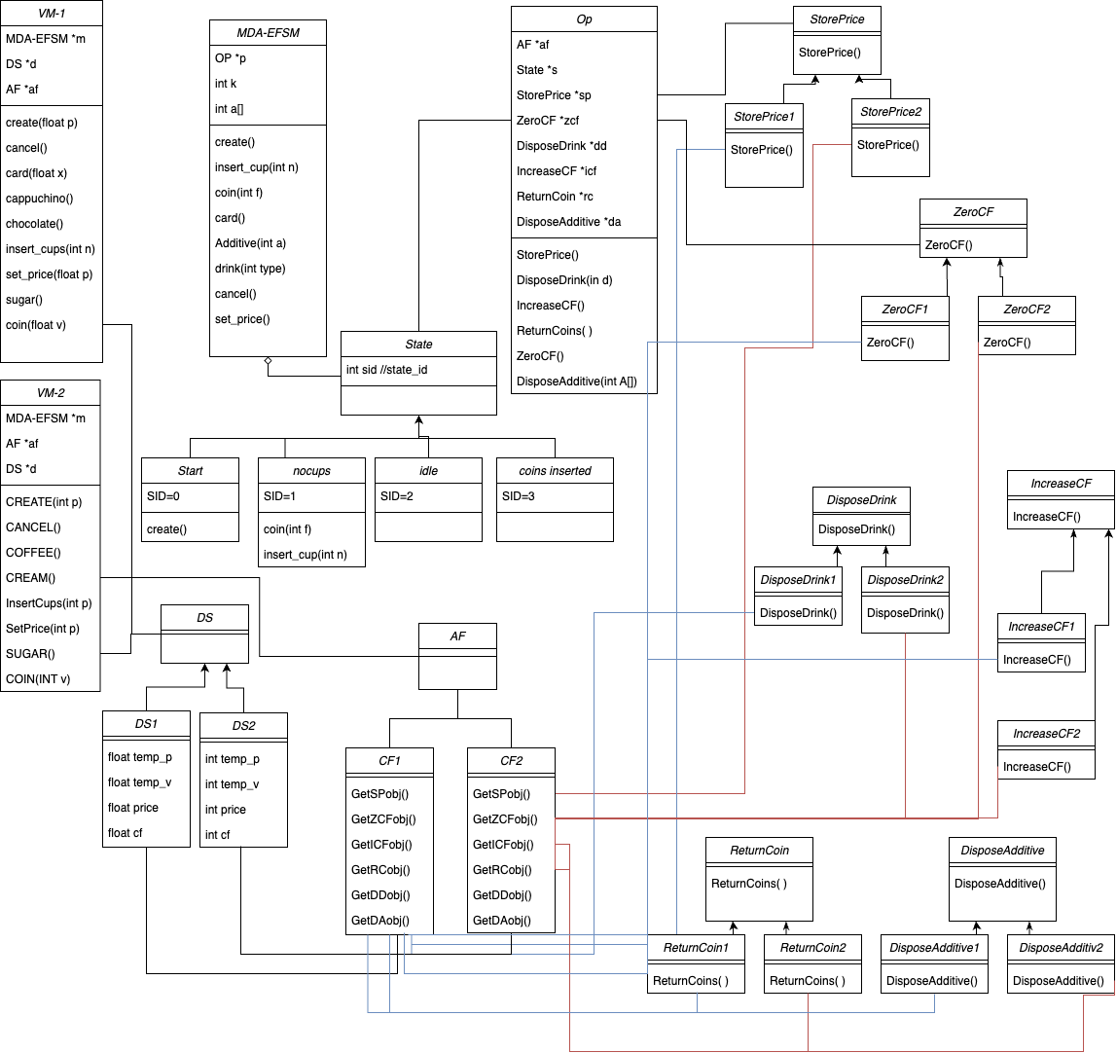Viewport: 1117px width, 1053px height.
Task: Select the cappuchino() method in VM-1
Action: coord(40,199)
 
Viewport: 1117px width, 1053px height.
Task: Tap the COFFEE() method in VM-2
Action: coord(33,553)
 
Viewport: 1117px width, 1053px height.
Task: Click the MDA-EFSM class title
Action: coord(268,33)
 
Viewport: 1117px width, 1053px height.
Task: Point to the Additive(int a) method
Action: coord(250,243)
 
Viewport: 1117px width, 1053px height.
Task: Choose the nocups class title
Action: coord(311,471)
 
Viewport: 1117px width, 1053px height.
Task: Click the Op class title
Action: coord(584,19)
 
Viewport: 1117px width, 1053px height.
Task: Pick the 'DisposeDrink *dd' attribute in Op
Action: coord(562,146)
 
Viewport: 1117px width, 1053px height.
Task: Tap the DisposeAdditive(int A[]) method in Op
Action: coord(576,381)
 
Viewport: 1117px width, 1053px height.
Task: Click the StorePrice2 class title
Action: coord(890,113)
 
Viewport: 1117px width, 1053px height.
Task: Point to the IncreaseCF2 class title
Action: coord(1046,734)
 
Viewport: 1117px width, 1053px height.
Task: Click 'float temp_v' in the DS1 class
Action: coord(134,782)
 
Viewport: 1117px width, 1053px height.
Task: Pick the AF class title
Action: coord(457,636)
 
